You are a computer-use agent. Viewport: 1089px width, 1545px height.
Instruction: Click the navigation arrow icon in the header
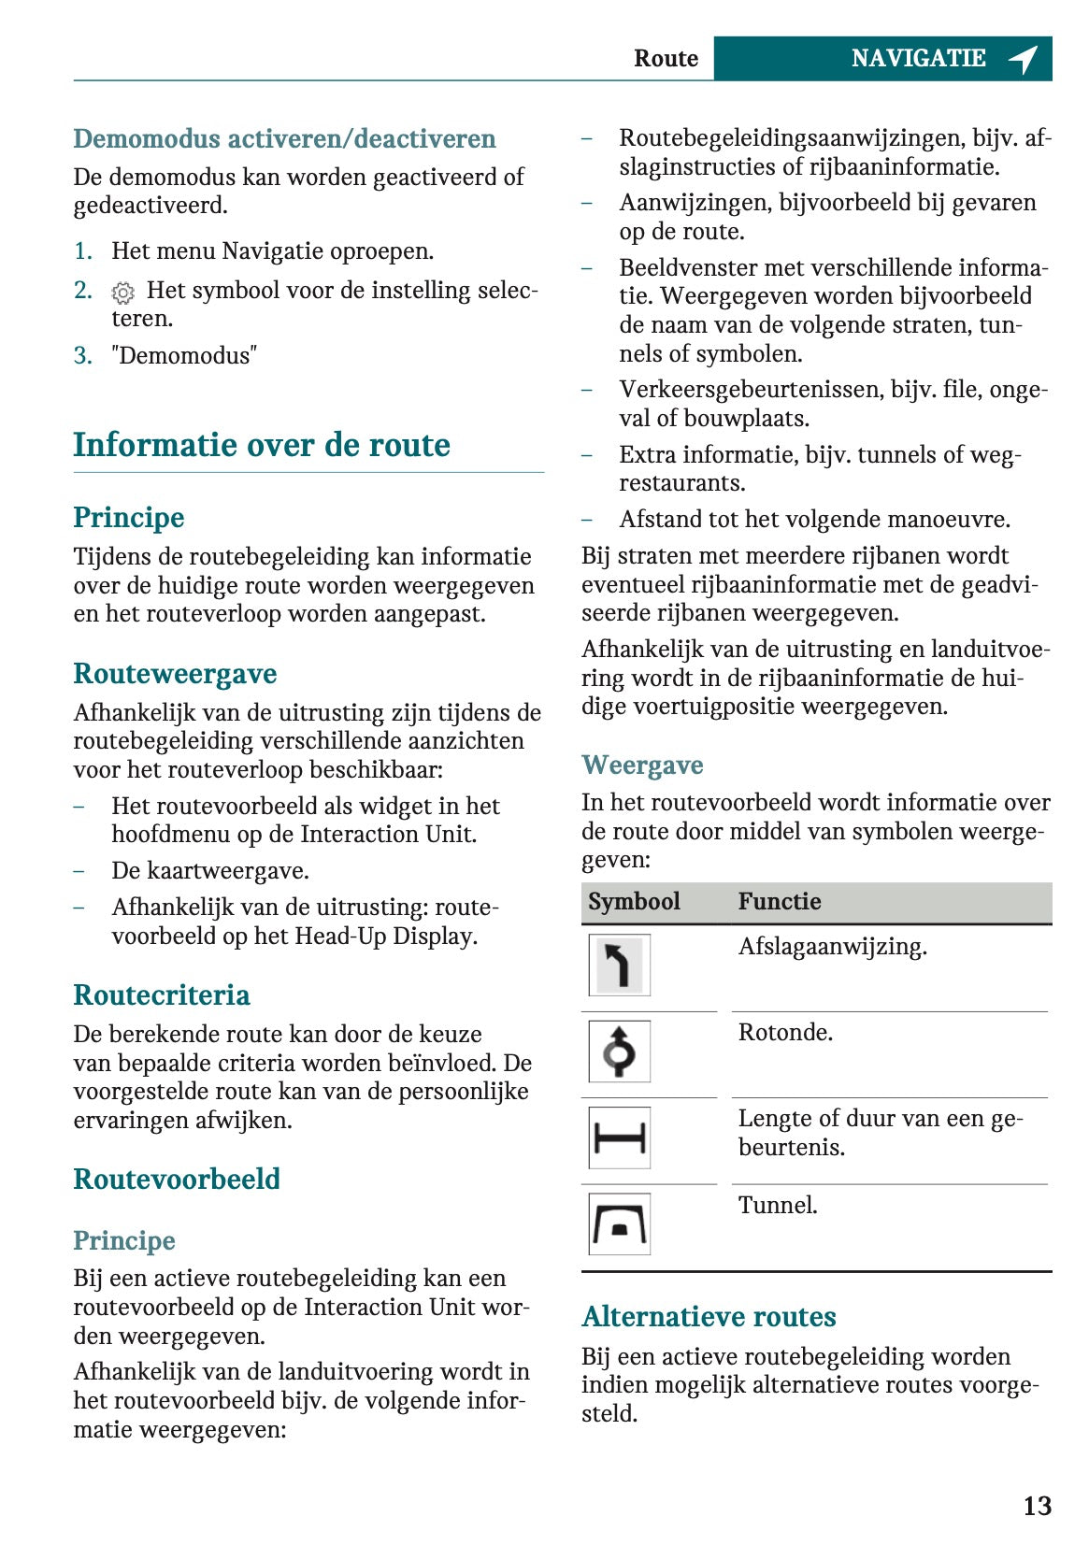point(1024,59)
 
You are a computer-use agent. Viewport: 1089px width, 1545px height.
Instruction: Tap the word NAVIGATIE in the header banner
point(918,59)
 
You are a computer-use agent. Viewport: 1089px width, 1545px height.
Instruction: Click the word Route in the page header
point(666,59)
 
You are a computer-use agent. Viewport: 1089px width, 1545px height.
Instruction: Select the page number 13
point(1037,1506)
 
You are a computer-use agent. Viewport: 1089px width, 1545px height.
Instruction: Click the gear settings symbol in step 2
point(122,293)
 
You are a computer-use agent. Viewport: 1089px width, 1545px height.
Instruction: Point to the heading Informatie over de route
point(262,445)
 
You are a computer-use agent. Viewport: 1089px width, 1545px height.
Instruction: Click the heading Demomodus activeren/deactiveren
point(284,139)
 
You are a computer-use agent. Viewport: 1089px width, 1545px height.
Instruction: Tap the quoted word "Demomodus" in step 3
point(184,356)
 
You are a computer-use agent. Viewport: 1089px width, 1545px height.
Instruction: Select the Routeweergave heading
point(175,674)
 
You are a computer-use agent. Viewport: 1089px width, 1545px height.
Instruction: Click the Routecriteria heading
point(162,995)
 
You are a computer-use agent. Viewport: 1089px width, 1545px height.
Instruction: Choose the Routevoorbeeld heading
point(177,1180)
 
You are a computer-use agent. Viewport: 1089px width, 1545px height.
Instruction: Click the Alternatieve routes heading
point(709,1317)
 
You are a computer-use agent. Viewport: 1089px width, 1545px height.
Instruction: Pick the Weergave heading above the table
point(642,765)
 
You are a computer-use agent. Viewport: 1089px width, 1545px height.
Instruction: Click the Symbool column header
point(634,902)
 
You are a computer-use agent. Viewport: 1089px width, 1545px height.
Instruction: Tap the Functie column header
point(780,902)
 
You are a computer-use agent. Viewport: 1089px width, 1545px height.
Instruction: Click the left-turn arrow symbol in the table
point(619,966)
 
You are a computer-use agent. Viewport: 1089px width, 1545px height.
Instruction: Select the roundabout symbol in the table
point(619,1051)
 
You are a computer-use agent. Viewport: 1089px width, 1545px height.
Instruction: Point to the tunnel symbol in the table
point(619,1223)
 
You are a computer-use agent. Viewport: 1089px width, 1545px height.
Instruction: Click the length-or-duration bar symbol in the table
point(619,1137)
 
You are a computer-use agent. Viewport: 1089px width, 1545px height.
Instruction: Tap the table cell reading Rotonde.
point(785,1033)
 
